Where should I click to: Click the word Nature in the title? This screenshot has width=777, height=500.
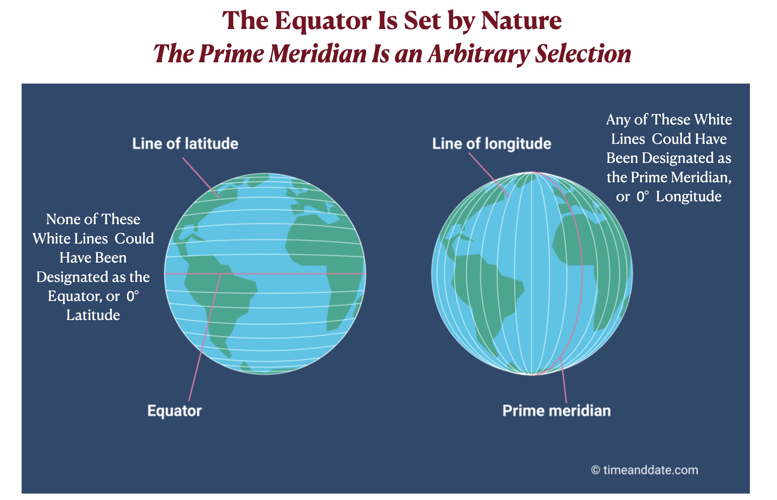[521, 20]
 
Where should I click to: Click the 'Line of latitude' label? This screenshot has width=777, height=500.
[185, 144]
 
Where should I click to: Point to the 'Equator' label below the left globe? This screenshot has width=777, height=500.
[175, 411]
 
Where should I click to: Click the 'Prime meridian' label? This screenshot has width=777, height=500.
[557, 411]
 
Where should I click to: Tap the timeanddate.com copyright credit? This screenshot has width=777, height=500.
[644, 470]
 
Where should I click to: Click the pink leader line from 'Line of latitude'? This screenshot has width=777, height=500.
[201, 178]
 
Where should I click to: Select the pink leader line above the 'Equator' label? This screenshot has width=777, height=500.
[205, 338]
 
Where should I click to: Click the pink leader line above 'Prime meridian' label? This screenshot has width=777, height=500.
[564, 380]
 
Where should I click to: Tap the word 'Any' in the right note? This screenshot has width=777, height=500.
[618, 120]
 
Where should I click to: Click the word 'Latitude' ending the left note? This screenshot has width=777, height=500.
[93, 315]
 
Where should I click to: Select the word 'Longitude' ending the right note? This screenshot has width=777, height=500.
[688, 197]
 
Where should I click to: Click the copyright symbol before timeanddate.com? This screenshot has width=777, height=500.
[595, 470]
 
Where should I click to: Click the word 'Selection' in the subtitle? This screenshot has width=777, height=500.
[583, 54]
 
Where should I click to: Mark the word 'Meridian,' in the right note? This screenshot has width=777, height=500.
[701, 178]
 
